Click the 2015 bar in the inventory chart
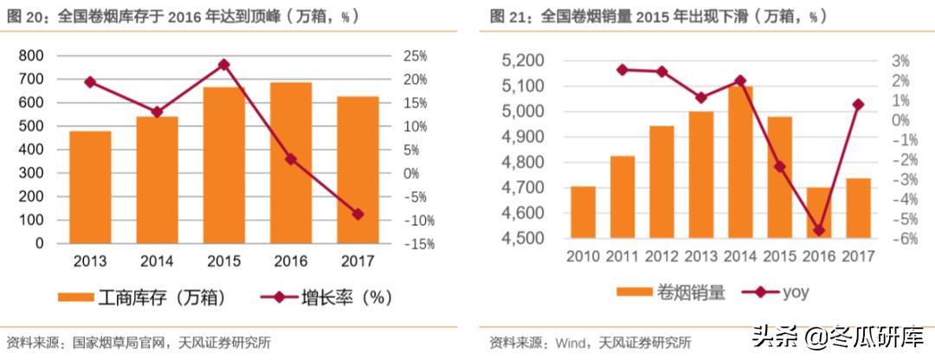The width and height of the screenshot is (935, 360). coord(223,164)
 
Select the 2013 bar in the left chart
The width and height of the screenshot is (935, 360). coord(90,186)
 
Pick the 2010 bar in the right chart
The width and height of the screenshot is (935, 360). coord(583,212)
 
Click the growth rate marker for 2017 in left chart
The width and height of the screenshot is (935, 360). coord(358,214)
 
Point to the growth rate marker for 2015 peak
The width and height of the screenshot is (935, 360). coord(223,65)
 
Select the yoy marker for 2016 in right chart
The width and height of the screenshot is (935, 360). coord(818,230)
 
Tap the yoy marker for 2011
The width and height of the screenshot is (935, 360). coord(622,69)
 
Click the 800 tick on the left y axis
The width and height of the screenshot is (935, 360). coord(30,56)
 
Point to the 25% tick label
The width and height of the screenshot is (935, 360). coord(414,56)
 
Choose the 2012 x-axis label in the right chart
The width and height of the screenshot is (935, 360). coord(661,257)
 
